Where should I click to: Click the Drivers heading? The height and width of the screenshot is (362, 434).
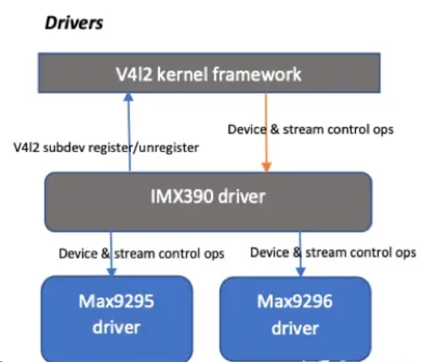[73, 23]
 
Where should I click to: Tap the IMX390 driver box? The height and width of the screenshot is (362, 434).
[208, 197]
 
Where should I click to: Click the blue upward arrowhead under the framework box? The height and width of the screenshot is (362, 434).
[129, 98]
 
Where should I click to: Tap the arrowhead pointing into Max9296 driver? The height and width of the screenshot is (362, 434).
[300, 270]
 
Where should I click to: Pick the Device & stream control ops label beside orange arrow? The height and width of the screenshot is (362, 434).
[310, 129]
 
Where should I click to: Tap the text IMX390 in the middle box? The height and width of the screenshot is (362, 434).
[180, 197]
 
